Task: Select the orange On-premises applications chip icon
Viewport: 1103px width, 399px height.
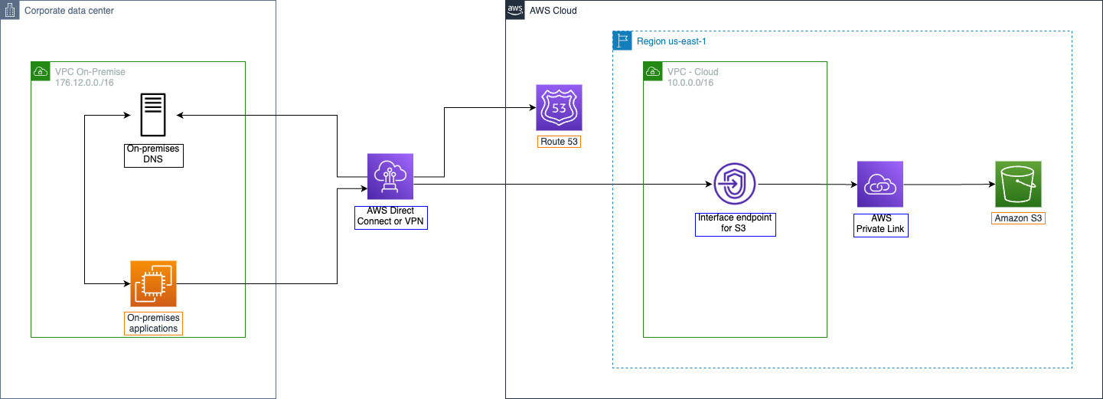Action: (153, 283)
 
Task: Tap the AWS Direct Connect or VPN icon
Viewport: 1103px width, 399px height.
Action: (390, 177)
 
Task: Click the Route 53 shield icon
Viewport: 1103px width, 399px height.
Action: (559, 107)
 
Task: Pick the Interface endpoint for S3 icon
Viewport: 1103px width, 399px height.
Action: (735, 184)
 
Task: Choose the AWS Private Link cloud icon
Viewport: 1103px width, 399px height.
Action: (880, 185)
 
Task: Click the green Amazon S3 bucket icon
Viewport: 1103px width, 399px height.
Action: (1018, 184)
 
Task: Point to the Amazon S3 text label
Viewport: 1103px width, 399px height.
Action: (1018, 218)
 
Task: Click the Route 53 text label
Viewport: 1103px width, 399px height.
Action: (559, 142)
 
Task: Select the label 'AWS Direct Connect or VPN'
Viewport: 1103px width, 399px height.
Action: (390, 217)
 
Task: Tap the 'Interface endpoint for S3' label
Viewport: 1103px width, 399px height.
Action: (735, 224)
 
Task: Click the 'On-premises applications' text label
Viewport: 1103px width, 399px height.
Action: (153, 322)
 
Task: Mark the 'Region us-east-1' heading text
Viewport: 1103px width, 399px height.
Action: (672, 41)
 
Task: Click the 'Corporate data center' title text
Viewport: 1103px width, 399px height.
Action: (70, 11)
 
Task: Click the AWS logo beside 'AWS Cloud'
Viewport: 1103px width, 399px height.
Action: (514, 10)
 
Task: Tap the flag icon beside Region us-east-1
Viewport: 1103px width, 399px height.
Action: (622, 41)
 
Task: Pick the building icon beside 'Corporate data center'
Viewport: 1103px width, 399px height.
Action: (11, 11)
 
